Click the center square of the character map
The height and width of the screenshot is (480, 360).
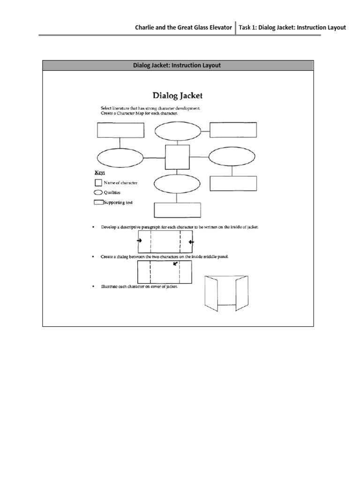point(177,157)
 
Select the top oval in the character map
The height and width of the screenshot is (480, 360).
point(177,131)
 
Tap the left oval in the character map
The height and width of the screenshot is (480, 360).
point(120,157)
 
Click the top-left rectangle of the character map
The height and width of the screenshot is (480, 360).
point(120,130)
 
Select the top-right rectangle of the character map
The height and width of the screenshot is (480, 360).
point(233,130)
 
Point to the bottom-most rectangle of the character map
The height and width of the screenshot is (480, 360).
point(177,210)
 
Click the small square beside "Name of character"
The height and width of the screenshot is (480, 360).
point(98,183)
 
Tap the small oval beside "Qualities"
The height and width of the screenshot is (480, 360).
point(98,192)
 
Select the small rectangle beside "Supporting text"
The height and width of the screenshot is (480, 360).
point(98,202)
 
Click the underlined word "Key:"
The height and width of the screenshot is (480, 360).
point(100,172)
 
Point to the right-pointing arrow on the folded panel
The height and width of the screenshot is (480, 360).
point(139,241)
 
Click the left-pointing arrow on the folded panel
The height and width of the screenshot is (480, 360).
point(191,242)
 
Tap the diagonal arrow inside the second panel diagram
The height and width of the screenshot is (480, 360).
point(175,264)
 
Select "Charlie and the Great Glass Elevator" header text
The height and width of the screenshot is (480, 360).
point(183,28)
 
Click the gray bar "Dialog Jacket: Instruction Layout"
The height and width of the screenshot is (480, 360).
point(178,65)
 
